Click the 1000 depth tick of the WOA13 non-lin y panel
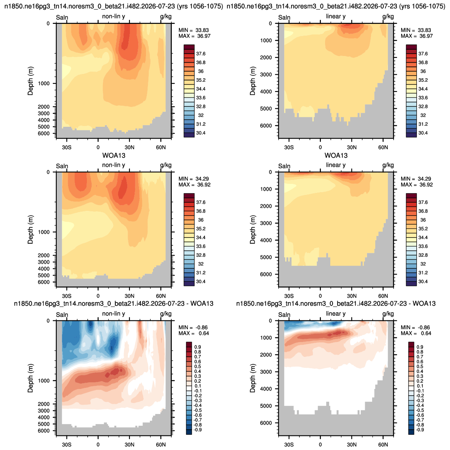point(44,232)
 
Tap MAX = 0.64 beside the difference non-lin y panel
point(194,333)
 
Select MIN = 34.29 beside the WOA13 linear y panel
point(416,179)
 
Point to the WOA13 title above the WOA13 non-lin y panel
point(114,156)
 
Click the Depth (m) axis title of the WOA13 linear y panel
point(252,229)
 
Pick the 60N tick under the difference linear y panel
point(383,445)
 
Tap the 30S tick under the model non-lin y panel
point(67,147)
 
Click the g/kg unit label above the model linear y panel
point(388,16)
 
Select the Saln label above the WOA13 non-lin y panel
point(62,166)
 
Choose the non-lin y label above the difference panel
point(113,314)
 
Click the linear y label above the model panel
point(336,16)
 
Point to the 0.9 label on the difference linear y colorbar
point(420,347)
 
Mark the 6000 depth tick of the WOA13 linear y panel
point(266,274)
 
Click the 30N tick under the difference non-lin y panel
point(130,445)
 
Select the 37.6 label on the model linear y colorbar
point(423,54)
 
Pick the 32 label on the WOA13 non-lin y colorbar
point(201,264)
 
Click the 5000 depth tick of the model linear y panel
point(266,108)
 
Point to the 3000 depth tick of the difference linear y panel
point(266,372)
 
